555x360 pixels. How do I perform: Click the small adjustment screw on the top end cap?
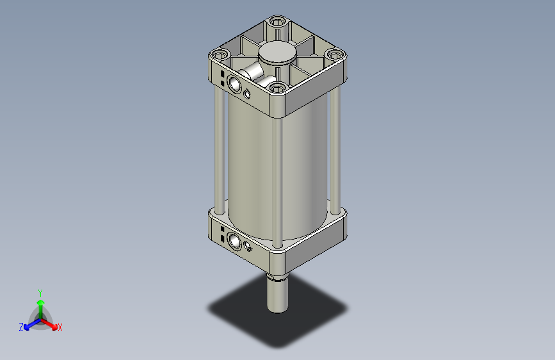[x=248, y=94]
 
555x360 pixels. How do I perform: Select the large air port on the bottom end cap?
[x=234, y=241]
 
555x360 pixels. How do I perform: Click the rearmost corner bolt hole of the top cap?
[x=277, y=22]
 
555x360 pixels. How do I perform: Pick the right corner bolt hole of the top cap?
[x=334, y=54]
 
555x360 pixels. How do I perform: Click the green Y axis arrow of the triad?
[x=40, y=301]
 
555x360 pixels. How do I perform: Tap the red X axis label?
[x=60, y=328]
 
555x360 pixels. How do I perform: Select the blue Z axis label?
[x=21, y=327]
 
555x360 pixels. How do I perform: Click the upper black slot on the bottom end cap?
[x=221, y=229]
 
